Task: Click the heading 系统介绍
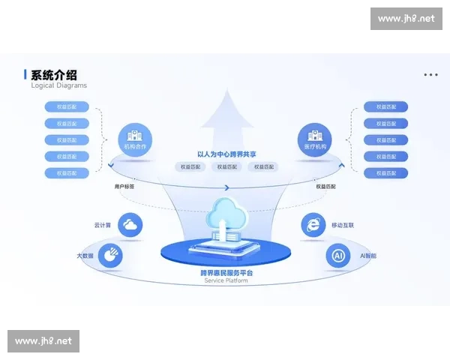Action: click(53, 75)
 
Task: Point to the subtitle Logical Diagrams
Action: click(58, 85)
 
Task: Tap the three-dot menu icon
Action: click(430, 75)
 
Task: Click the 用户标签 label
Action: click(124, 186)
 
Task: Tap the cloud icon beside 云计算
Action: click(130, 224)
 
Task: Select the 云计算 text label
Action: click(103, 224)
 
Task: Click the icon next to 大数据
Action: click(112, 255)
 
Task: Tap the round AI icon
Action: click(338, 256)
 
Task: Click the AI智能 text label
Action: click(368, 256)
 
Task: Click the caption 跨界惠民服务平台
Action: click(225, 273)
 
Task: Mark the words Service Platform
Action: click(225, 280)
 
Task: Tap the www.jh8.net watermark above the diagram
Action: click(406, 19)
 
